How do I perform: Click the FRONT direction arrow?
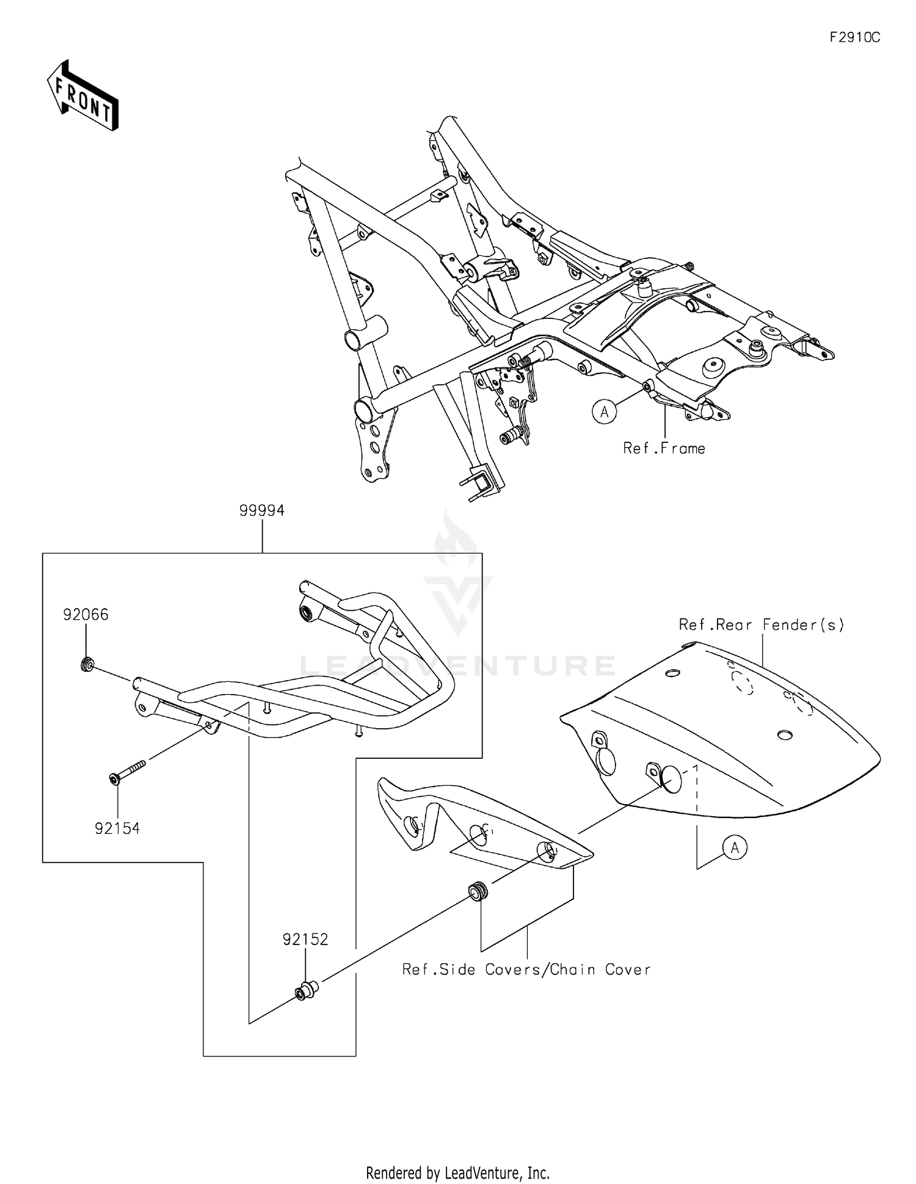point(82,96)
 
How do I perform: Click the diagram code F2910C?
point(854,38)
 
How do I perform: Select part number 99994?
point(261,511)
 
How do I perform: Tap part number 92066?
point(85,615)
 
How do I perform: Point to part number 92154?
point(117,828)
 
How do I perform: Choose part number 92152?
point(305,939)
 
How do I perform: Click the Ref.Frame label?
point(664,448)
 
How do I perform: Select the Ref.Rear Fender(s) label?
point(762,624)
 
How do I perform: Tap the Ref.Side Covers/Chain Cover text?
point(526,970)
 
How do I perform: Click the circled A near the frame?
point(604,412)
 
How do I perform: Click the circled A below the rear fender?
point(735,847)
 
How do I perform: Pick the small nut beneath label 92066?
point(87,663)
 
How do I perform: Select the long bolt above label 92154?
point(127,770)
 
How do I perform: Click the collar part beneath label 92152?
point(304,991)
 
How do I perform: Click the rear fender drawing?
point(721,727)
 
